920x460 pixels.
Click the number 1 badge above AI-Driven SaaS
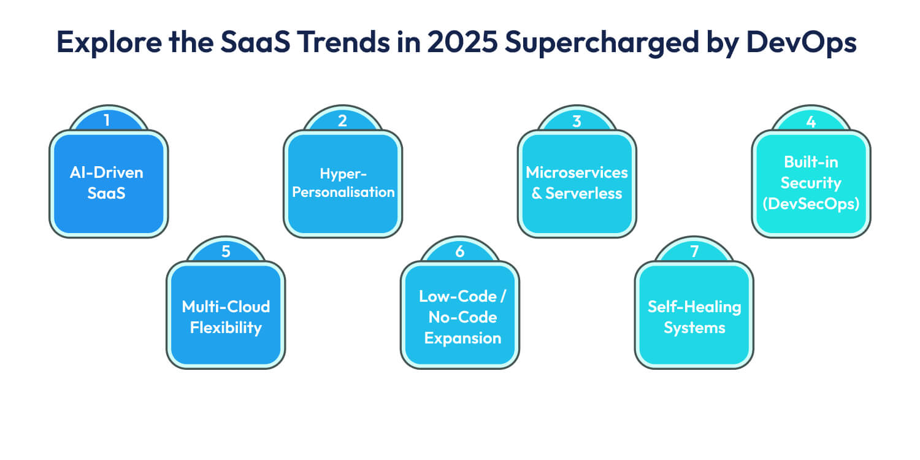tap(108, 120)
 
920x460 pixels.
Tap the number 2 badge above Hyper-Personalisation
tap(342, 120)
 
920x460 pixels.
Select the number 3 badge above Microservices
tap(577, 120)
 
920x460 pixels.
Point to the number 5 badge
tap(226, 251)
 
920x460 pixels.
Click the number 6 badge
tap(460, 251)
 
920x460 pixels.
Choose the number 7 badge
tap(694, 251)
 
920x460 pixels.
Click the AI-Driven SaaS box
tap(109, 183)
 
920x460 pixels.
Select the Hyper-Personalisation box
tap(343, 183)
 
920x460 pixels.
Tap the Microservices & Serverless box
tap(577, 183)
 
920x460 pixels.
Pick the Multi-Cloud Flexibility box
tap(226, 316)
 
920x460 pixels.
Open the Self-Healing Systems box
tap(694, 316)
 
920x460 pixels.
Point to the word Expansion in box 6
tap(462, 338)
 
